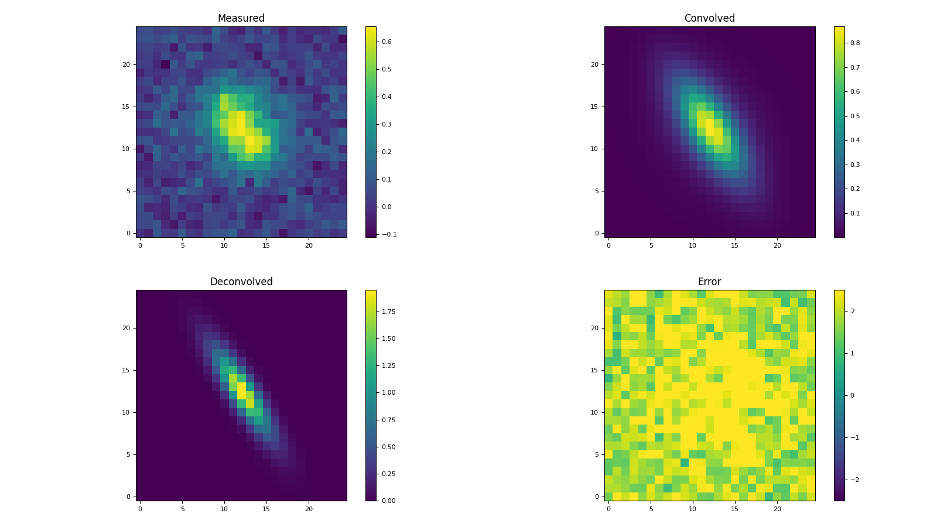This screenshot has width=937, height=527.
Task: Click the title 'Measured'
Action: coord(241,18)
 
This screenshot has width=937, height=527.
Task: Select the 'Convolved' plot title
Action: coord(709,18)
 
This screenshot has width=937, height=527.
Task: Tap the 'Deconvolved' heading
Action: coord(241,282)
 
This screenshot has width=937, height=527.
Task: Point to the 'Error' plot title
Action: coord(709,282)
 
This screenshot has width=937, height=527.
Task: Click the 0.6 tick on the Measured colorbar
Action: coord(387,42)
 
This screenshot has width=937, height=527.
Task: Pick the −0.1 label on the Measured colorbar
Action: coord(388,234)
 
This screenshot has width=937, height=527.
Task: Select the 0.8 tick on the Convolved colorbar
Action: coord(855,43)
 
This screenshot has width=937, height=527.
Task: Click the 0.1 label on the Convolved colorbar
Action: coord(855,213)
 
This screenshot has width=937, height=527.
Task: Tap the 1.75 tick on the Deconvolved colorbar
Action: coord(388,312)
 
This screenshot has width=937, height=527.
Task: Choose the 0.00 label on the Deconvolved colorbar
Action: coord(388,501)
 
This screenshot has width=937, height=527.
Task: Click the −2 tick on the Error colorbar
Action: coord(852,480)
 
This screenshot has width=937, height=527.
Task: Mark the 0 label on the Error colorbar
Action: coord(852,395)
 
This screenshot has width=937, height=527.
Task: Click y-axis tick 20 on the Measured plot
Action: coord(126,64)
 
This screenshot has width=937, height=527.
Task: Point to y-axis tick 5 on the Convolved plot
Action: coord(596,191)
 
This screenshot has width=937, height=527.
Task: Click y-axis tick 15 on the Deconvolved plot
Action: coord(126,370)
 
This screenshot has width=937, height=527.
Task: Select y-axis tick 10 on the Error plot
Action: coord(594,412)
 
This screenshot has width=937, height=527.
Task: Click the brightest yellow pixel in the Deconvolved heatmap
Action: coord(241,387)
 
